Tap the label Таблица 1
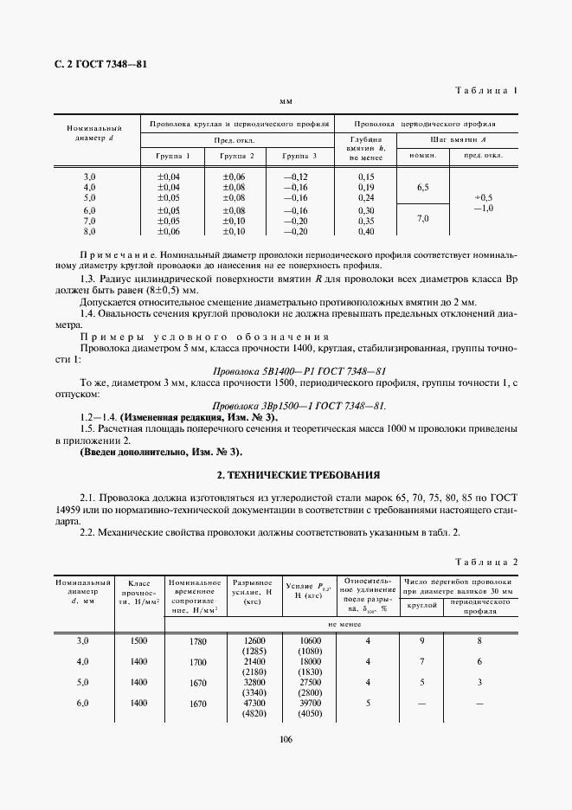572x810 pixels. tap(485, 90)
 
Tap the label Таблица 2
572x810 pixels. tap(485, 561)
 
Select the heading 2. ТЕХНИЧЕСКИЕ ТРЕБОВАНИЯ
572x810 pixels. tap(285, 476)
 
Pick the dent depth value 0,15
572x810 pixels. tap(365, 177)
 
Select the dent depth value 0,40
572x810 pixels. tap(365, 231)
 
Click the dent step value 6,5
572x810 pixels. tap(422, 187)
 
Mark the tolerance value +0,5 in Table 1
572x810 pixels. tap(484, 197)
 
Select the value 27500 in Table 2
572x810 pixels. tap(310, 683)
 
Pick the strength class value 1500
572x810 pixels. tap(138, 641)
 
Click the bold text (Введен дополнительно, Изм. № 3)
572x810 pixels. tap(162, 452)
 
